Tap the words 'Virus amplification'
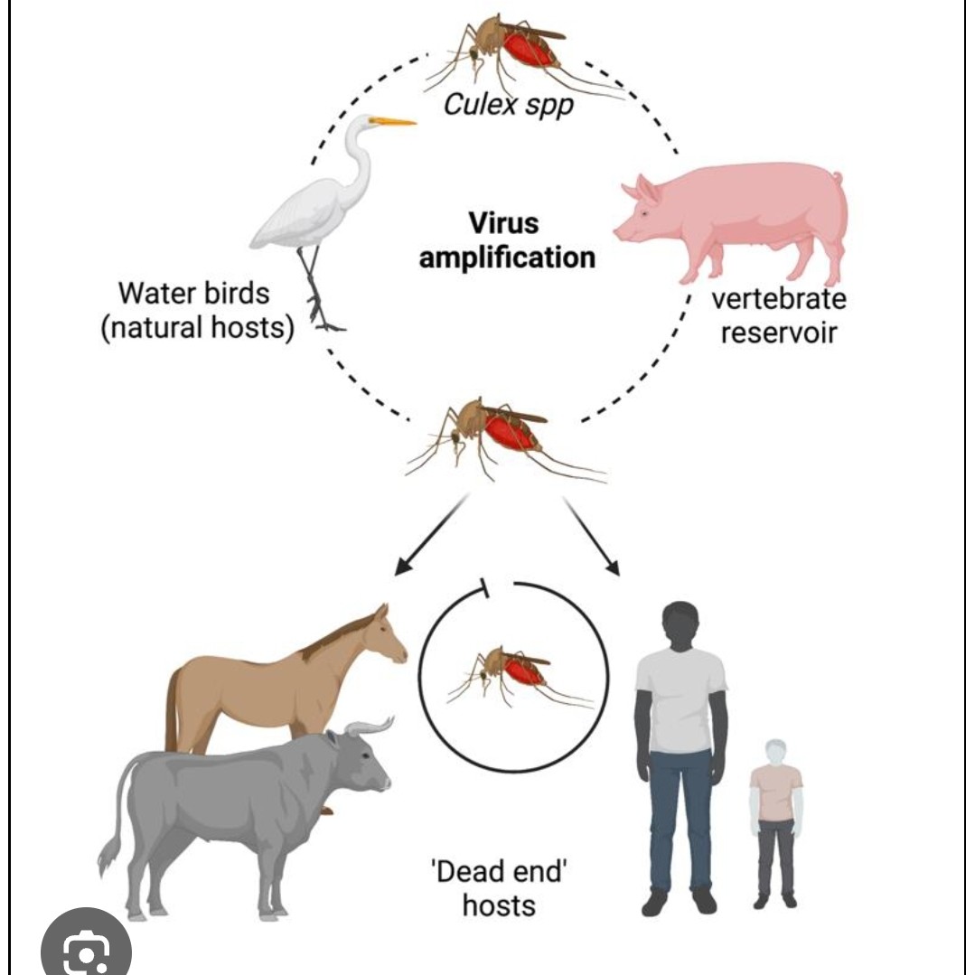coord(507,239)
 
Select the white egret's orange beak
coord(394,121)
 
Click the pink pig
coord(732,217)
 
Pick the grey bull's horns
coord(369,726)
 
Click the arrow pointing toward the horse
coord(430,538)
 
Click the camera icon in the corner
coord(87,949)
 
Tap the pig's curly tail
coord(837,177)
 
